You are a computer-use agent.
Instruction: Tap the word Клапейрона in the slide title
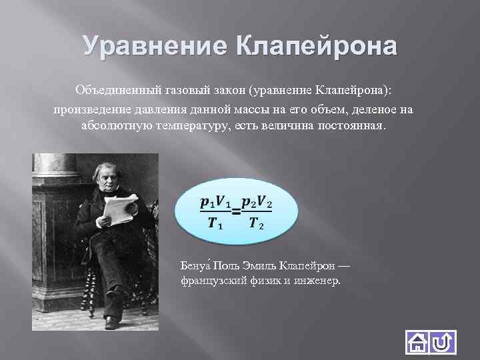316,47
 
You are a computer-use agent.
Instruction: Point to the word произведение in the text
91,108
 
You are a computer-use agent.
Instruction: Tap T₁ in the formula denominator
215,224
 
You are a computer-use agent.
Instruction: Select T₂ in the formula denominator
257,224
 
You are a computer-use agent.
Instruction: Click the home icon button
417,343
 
